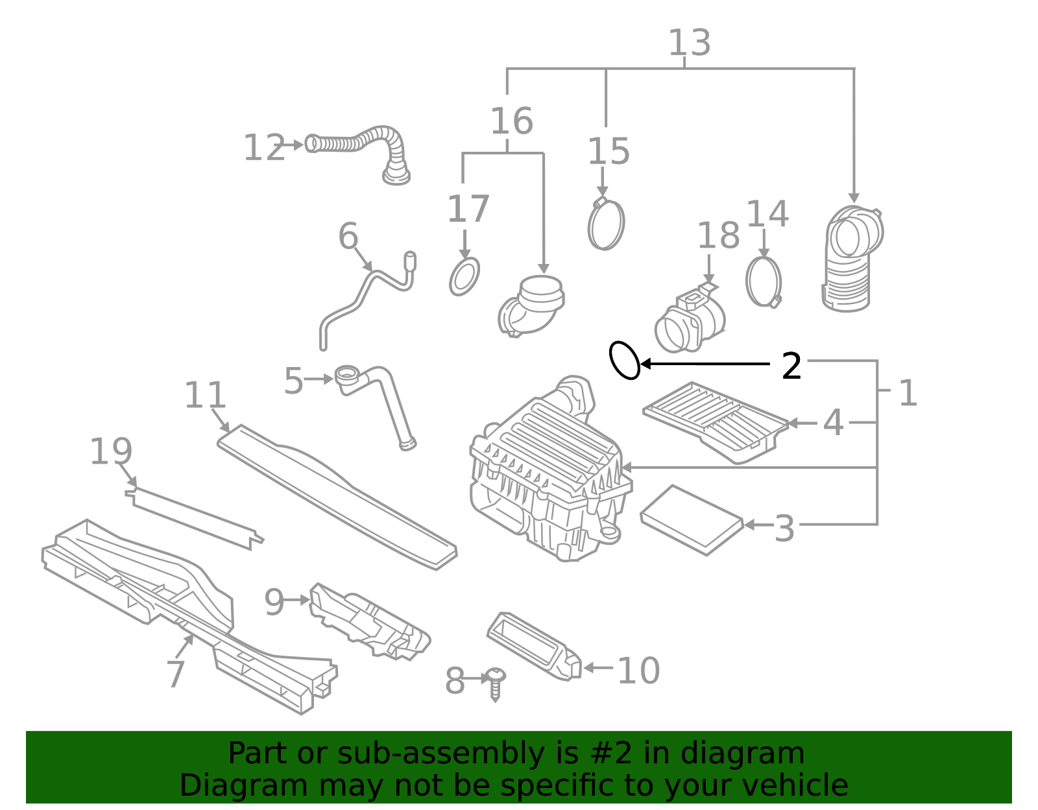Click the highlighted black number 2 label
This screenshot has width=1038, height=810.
[x=791, y=366]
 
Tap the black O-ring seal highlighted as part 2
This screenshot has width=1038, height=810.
[x=625, y=360]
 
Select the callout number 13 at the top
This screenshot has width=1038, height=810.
[x=690, y=43]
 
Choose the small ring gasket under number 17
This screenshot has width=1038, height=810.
[x=465, y=277]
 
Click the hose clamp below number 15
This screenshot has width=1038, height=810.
[x=607, y=224]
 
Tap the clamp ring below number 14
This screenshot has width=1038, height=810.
[x=764, y=281]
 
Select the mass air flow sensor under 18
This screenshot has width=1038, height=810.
[x=690, y=320]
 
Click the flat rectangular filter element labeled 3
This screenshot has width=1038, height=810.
[x=692, y=520]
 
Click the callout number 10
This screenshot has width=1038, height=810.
[x=638, y=671]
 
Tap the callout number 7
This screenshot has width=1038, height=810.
[x=176, y=674]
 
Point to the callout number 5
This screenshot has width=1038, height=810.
[x=293, y=381]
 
